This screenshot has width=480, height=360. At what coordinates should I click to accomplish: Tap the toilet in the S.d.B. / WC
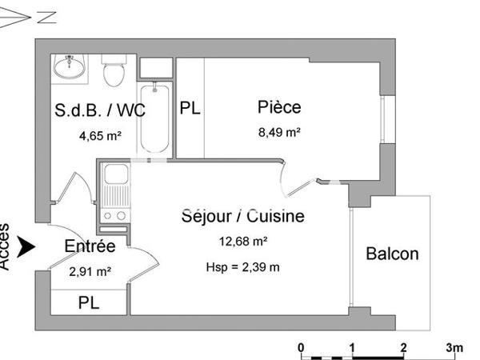[x=114, y=71]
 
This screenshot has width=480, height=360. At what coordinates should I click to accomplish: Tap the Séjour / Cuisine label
[x=242, y=216]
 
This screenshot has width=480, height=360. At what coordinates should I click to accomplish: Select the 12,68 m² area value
[x=242, y=241]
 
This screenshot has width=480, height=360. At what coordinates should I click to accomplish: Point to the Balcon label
[x=392, y=254]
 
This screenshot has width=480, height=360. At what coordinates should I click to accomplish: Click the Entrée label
[x=90, y=247]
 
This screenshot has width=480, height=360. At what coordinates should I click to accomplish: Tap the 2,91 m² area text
[x=90, y=272]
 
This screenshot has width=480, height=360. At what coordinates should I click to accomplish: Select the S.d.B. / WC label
[x=100, y=110]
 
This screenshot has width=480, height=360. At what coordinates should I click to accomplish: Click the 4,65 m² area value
[x=100, y=136]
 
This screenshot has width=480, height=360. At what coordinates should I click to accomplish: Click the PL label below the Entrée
[x=89, y=303]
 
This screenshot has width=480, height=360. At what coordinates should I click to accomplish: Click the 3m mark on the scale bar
[x=454, y=347]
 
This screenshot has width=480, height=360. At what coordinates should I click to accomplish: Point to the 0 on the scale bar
[x=301, y=347]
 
